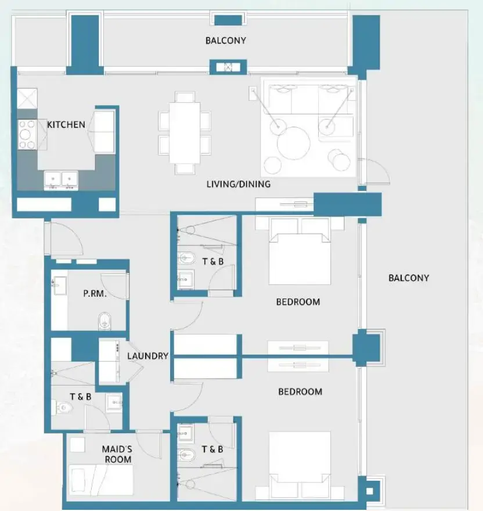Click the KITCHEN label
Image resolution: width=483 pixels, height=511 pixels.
66,124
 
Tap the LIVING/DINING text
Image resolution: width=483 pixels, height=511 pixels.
239,185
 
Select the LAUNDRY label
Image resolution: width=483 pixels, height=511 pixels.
148,356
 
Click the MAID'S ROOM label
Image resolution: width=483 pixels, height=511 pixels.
117,454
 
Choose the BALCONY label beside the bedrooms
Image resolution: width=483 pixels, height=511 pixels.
409,278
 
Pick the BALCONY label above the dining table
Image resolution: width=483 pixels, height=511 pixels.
225,41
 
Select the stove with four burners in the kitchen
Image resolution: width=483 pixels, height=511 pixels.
27,134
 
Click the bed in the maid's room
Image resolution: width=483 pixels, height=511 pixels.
92,478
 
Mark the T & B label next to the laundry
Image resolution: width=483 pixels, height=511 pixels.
81,397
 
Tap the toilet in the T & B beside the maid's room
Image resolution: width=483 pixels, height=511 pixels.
63,408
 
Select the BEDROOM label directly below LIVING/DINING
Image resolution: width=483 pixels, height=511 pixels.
298,302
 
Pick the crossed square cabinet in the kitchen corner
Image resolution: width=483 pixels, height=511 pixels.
27,98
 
